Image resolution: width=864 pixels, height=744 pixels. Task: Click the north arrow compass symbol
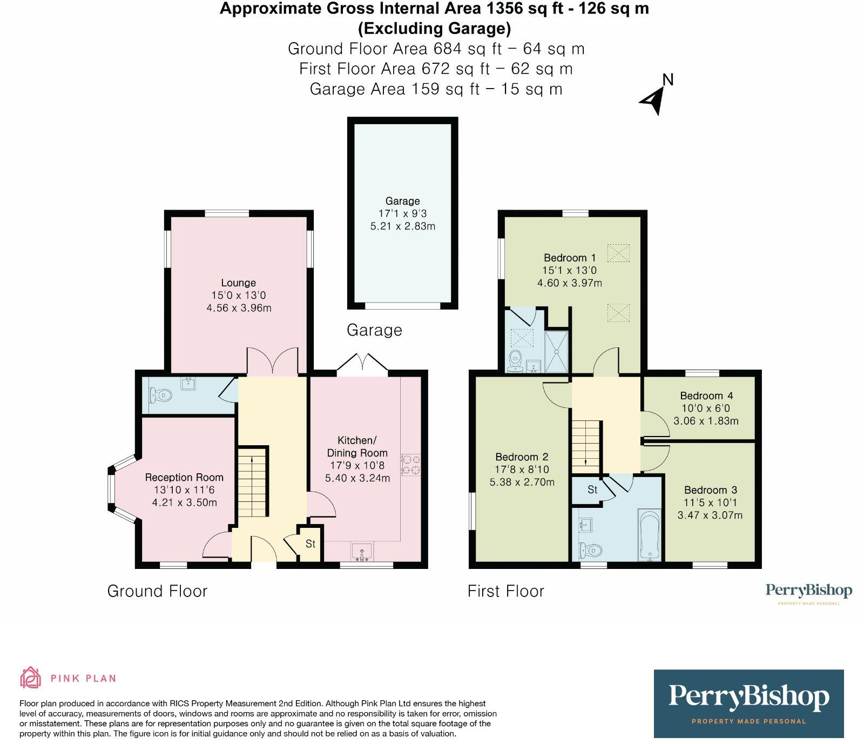click(654, 98)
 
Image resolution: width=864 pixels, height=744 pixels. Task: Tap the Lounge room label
click(238, 283)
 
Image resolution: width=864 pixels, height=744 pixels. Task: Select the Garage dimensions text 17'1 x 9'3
click(402, 213)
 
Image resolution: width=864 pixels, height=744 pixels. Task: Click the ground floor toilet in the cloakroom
click(161, 396)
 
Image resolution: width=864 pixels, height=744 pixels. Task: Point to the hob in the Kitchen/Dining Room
click(410, 465)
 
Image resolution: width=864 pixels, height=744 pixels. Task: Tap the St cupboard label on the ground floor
click(310, 544)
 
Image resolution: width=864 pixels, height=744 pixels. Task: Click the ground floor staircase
click(253, 484)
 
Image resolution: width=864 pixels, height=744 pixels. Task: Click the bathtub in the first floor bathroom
click(649, 534)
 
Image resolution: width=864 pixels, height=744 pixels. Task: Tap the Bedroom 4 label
click(706, 396)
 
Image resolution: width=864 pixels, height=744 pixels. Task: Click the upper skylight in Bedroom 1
click(618, 252)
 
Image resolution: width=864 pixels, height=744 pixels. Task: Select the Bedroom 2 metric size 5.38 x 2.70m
click(522, 482)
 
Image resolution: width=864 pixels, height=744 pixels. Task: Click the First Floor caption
click(505, 591)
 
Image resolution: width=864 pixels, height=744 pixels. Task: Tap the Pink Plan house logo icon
click(31, 678)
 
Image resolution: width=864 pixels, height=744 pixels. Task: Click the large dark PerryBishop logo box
click(748, 703)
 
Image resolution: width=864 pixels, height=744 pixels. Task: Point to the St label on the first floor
click(592, 490)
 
